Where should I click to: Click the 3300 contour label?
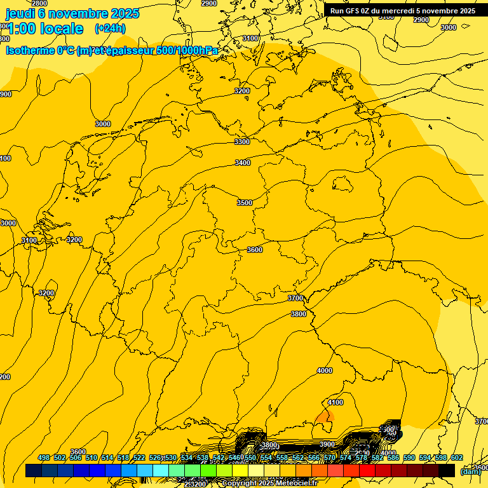click(242, 142)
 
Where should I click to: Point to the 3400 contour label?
click(243, 163)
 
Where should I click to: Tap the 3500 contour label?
click(245, 203)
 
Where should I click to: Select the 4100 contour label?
click(335, 402)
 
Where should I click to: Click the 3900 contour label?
click(327, 444)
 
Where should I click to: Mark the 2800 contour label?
click(39, 3)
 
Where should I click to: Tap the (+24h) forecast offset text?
click(110, 28)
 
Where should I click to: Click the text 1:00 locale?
click(45, 29)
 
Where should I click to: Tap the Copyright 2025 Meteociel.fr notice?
click(278, 484)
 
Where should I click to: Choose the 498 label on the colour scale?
click(44, 458)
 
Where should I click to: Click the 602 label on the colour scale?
click(457, 458)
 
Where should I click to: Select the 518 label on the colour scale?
click(123, 458)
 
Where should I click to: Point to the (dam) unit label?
click(471, 471)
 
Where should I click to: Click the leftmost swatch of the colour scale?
click(34, 471)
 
